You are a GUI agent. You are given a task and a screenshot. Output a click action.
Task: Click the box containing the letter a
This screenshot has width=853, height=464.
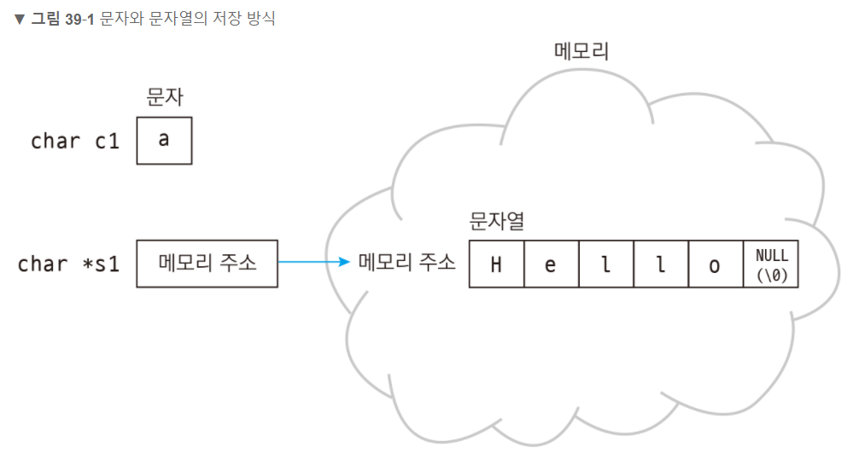pos(164,141)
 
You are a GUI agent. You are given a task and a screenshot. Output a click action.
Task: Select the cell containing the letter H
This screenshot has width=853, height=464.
pos(496,264)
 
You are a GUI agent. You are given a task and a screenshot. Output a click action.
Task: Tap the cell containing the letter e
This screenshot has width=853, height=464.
pos(551,264)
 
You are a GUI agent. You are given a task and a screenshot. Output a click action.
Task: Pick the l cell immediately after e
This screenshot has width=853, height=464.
pos(605,264)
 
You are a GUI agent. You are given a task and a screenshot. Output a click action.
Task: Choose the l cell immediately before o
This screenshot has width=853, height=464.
pos(660,264)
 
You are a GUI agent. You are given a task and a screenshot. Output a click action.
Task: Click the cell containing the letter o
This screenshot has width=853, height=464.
pos(715,264)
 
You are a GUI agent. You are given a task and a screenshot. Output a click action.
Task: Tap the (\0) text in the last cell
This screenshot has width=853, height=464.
pos(772,274)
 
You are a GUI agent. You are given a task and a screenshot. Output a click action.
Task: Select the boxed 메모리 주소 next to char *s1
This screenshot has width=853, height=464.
pos(207,263)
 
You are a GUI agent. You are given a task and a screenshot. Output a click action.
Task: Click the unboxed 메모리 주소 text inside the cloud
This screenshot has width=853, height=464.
pos(406,263)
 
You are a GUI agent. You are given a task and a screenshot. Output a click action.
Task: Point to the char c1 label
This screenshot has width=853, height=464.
pos(75,142)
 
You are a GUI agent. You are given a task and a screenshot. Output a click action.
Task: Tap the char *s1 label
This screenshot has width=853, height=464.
pos(68,264)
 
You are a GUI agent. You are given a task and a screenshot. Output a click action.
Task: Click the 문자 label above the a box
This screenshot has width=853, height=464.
pos(165,98)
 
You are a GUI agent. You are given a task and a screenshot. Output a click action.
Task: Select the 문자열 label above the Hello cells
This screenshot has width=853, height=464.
pos(497,222)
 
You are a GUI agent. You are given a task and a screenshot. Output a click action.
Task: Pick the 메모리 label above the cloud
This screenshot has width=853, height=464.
pos(581,52)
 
